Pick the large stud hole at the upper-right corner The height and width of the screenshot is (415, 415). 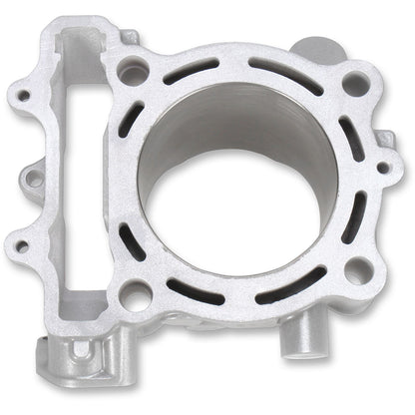[x=355, y=83]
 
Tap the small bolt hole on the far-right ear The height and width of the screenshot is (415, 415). [x=383, y=168]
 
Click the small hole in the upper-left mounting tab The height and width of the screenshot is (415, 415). [x=22, y=98]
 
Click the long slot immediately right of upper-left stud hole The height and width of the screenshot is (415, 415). [x=190, y=73]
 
